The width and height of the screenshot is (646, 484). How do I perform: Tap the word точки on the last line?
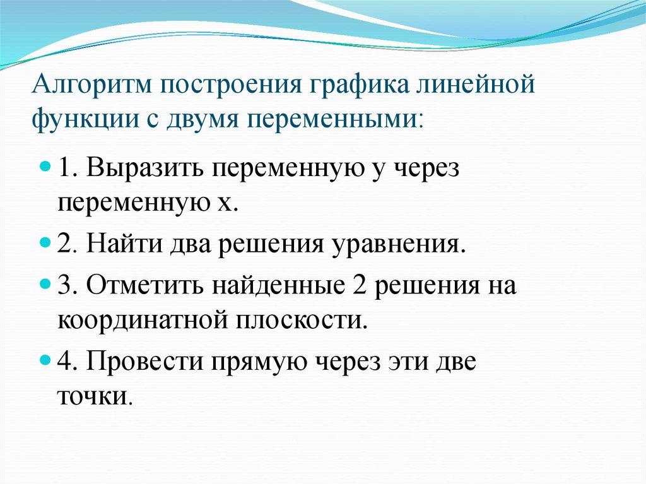coord(95,396)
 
